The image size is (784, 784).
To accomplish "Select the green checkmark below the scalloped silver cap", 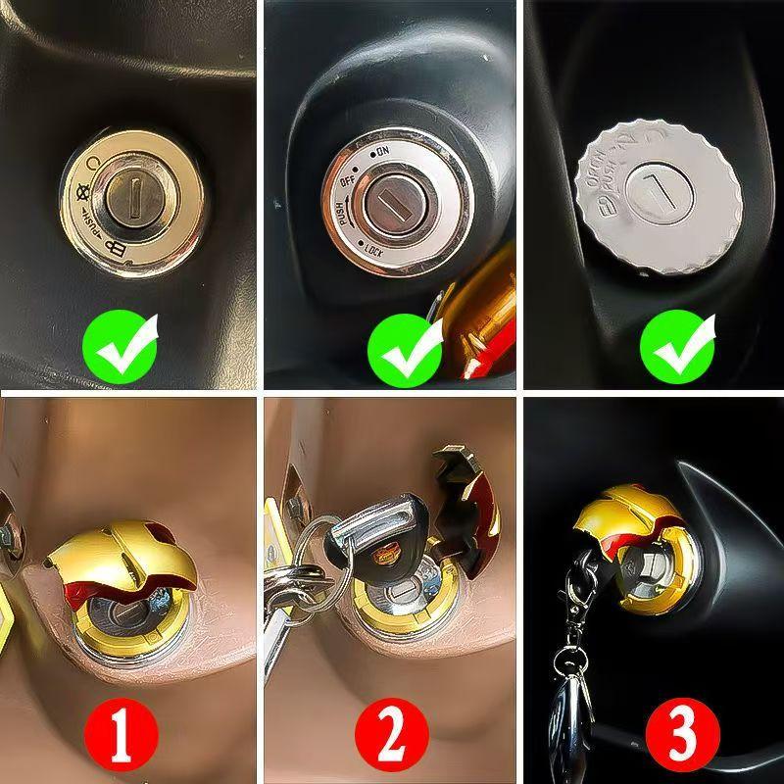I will tap(676, 346).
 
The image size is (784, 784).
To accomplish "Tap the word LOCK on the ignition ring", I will tap(373, 249).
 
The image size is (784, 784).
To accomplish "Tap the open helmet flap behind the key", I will tap(467, 510).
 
